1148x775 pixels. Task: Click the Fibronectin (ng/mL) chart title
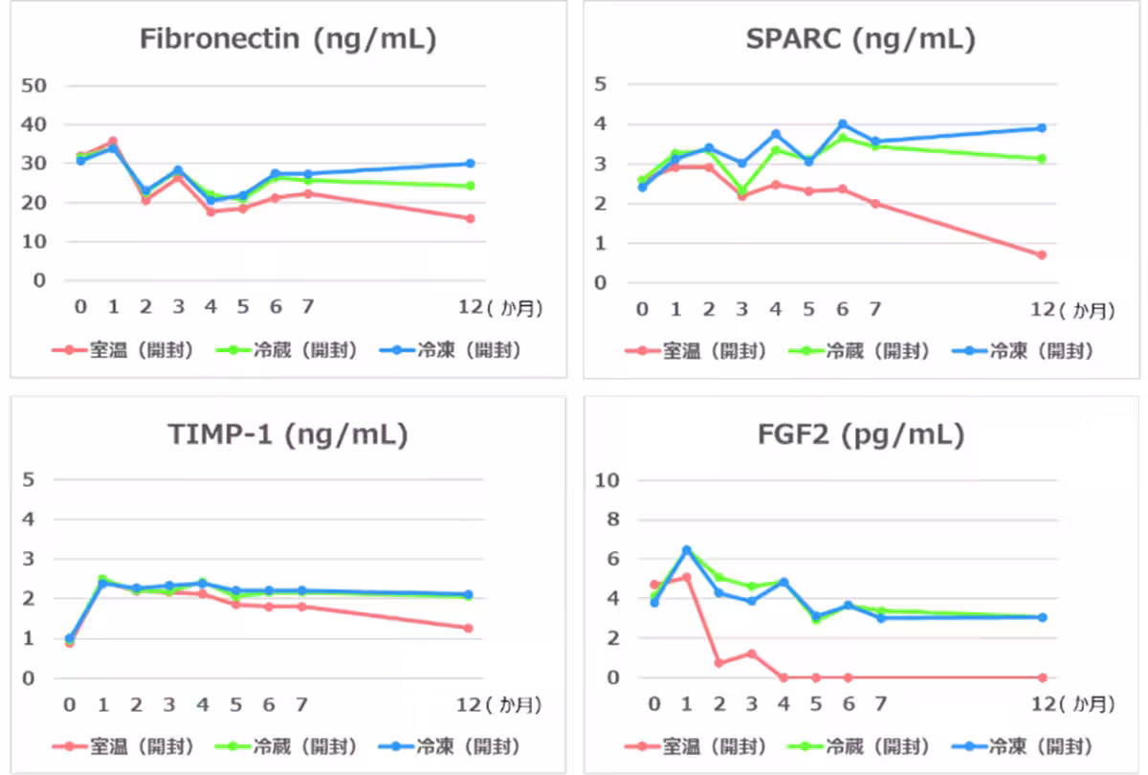287,39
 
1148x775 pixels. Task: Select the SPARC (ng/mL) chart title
860,39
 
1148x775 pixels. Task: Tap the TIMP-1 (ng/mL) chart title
287,435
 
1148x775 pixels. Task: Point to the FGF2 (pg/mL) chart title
860,435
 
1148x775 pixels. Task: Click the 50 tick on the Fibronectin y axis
34,85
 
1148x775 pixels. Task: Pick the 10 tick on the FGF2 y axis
609,480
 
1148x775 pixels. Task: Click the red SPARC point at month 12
1042,255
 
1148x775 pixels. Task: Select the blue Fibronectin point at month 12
470,164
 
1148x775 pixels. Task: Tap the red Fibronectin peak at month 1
113,142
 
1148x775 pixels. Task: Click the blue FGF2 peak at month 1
686,550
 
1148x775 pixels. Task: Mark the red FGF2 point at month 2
718,663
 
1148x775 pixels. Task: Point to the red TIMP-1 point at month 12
469,629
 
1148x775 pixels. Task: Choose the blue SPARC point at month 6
843,124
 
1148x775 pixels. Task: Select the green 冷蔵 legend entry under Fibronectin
304,350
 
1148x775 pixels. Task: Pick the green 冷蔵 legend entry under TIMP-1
304,746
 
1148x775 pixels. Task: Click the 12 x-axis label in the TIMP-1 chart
468,705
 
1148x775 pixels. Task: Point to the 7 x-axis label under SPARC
874,309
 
